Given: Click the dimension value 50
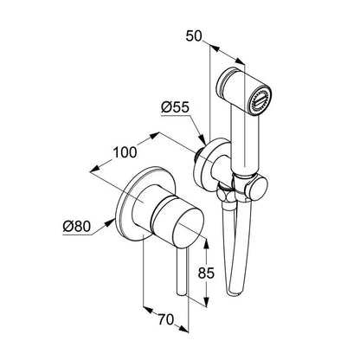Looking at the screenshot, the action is pyautogui.click(x=194, y=36).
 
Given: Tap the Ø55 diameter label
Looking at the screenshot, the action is pyautogui.click(x=175, y=107).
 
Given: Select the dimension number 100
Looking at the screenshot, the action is pyautogui.click(x=125, y=152).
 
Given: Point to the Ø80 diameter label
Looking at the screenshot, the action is pyautogui.click(x=77, y=227).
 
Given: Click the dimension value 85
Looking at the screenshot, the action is pyautogui.click(x=206, y=273).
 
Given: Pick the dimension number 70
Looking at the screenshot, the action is pyautogui.click(x=166, y=319).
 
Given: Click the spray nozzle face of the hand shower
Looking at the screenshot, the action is pyautogui.click(x=260, y=102).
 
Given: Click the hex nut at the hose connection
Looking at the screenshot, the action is pyautogui.click(x=225, y=194).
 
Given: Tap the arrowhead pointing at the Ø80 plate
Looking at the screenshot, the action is pyautogui.click(x=110, y=222).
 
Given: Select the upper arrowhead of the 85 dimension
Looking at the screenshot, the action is pyautogui.click(x=206, y=245).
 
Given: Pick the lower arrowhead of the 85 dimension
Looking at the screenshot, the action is pyautogui.click(x=206, y=301).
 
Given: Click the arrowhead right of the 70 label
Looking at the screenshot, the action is pyautogui.click(x=183, y=329).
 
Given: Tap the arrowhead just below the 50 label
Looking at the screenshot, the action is pyautogui.click(x=214, y=48).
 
